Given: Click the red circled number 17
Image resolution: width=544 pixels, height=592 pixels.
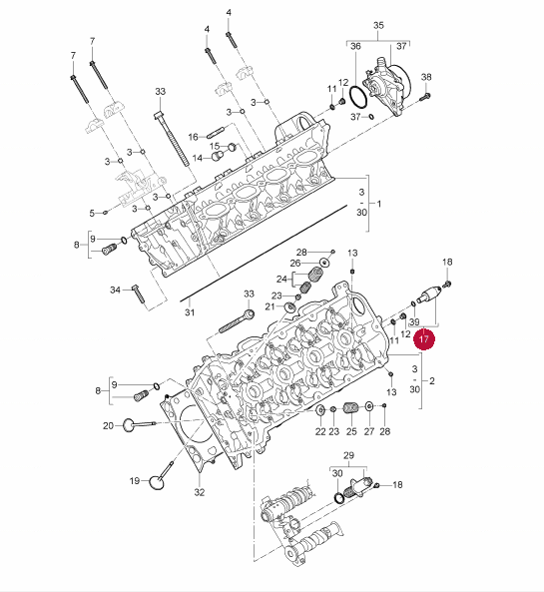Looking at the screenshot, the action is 424,339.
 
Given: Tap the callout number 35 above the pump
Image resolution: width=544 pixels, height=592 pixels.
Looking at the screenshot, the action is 378,25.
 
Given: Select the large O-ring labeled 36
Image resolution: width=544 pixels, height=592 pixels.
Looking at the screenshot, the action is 358,97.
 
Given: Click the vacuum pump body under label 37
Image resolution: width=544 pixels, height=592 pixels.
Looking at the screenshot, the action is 386,87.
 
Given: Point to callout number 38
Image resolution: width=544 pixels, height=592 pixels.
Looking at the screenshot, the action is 426,77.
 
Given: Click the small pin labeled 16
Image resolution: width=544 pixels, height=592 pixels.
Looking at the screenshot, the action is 216,133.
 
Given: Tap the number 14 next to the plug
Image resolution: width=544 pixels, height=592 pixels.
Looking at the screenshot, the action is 198,158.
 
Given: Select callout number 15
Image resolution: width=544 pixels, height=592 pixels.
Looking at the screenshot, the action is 215,146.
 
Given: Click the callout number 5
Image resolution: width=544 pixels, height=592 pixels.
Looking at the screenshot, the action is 92,214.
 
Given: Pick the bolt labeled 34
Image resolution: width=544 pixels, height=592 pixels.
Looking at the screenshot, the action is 138,294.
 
